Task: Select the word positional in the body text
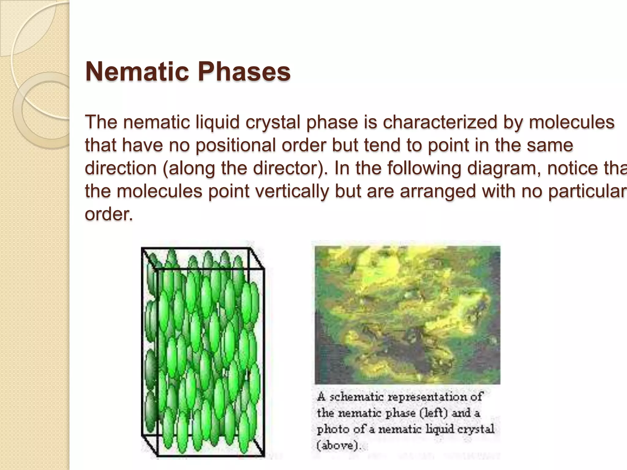pyautogui.click(x=236, y=145)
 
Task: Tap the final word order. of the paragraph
pyautogui.click(x=109, y=214)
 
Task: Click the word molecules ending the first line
pyautogui.click(x=571, y=122)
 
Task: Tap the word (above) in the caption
pyautogui.click(x=339, y=445)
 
